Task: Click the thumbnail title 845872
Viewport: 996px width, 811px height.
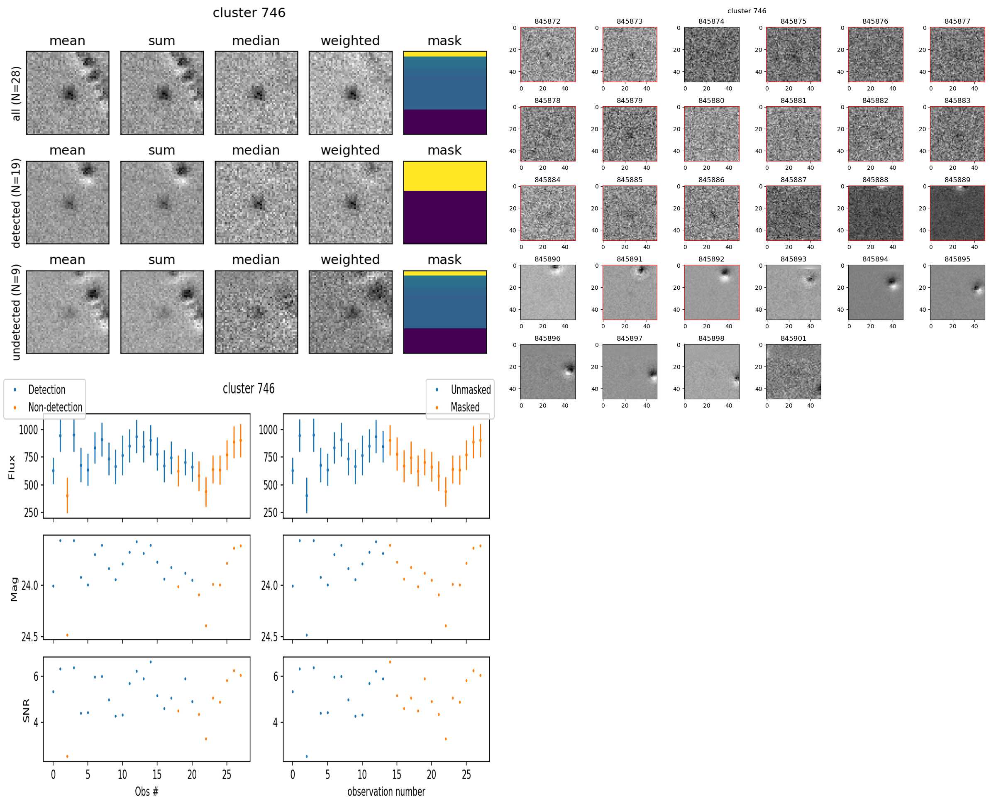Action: [547, 22]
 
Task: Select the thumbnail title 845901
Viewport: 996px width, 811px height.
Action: [793, 339]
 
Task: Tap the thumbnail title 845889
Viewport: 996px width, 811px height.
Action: [957, 180]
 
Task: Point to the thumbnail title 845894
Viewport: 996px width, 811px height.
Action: [875, 259]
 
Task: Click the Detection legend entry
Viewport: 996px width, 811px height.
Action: [47, 390]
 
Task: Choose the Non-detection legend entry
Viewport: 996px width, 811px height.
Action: [55, 408]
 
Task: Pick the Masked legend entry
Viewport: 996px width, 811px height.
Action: [465, 408]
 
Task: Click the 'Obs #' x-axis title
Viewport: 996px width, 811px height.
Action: [146, 791]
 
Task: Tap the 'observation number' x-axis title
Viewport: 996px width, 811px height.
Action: [386, 791]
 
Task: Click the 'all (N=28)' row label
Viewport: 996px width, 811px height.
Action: [16, 93]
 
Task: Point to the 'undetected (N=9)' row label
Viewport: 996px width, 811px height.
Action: [16, 313]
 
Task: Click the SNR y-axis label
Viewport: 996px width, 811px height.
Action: [26, 710]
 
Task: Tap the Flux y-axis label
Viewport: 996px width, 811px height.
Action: [12, 467]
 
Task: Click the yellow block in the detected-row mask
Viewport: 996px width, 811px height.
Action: [445, 176]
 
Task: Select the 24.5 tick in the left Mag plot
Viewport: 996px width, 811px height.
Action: [30, 637]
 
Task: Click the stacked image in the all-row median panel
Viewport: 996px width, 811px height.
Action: [256, 93]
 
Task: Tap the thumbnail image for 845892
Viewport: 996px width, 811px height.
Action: [711, 293]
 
